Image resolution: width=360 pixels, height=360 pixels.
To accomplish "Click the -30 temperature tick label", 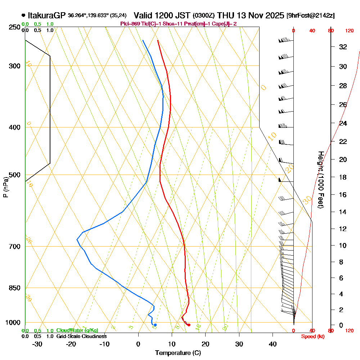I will click(37, 344).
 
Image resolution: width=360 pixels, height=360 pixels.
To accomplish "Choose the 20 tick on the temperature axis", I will click(206, 344).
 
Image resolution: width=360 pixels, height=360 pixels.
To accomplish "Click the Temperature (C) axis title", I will click(178, 353).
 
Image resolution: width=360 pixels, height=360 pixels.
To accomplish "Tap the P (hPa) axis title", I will click(5, 187).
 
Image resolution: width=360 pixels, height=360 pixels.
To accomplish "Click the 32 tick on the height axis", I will click(343, 47).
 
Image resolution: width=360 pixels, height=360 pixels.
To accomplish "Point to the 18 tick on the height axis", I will click(343, 177).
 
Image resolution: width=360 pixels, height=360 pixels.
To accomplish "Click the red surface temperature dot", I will click(189, 325).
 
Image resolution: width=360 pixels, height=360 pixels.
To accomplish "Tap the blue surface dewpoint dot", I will click(155, 325).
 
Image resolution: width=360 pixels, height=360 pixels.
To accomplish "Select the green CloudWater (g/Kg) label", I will click(77, 330).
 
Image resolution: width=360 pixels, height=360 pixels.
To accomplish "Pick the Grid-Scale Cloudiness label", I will click(81, 336).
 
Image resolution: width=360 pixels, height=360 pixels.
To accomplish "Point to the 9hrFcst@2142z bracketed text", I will click(310, 15).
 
